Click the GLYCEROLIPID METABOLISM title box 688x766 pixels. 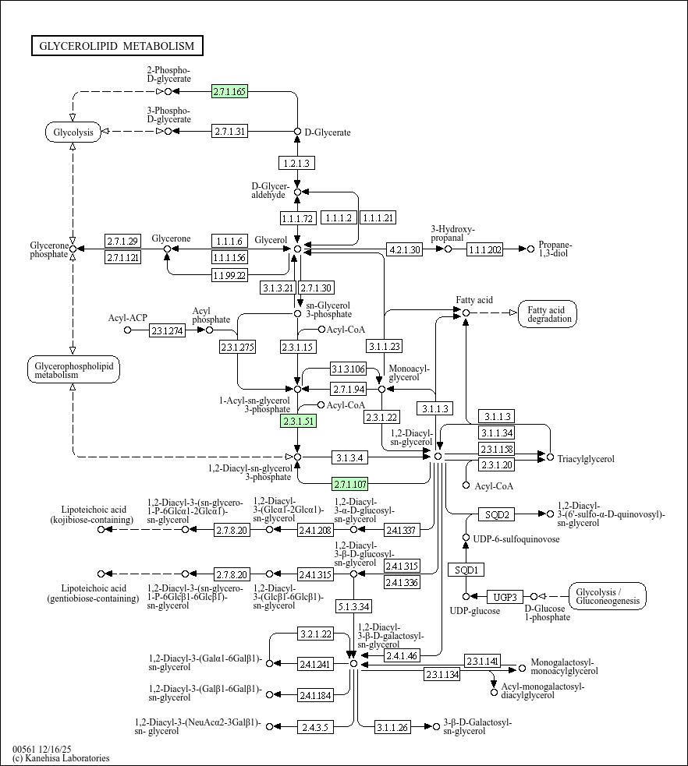[x=117, y=46]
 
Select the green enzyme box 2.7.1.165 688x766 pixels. [x=229, y=92]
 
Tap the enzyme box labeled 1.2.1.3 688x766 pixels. [x=296, y=163]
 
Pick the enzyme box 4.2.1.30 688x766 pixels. [x=405, y=249]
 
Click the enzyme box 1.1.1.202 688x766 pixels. [x=485, y=249]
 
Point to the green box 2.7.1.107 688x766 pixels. [x=350, y=483]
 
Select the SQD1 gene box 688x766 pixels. [x=466, y=570]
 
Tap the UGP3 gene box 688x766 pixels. [x=505, y=598]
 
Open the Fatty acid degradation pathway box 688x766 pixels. [x=551, y=314]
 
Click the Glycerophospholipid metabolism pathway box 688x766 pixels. [x=73, y=370]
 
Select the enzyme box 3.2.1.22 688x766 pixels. [x=316, y=634]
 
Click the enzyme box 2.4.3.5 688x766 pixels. [x=316, y=727]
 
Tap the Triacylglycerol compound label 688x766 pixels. [x=585, y=459]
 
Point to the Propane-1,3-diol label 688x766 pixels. [x=555, y=249]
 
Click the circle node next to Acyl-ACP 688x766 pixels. [x=128, y=330]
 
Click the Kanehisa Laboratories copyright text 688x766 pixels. [x=61, y=758]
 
